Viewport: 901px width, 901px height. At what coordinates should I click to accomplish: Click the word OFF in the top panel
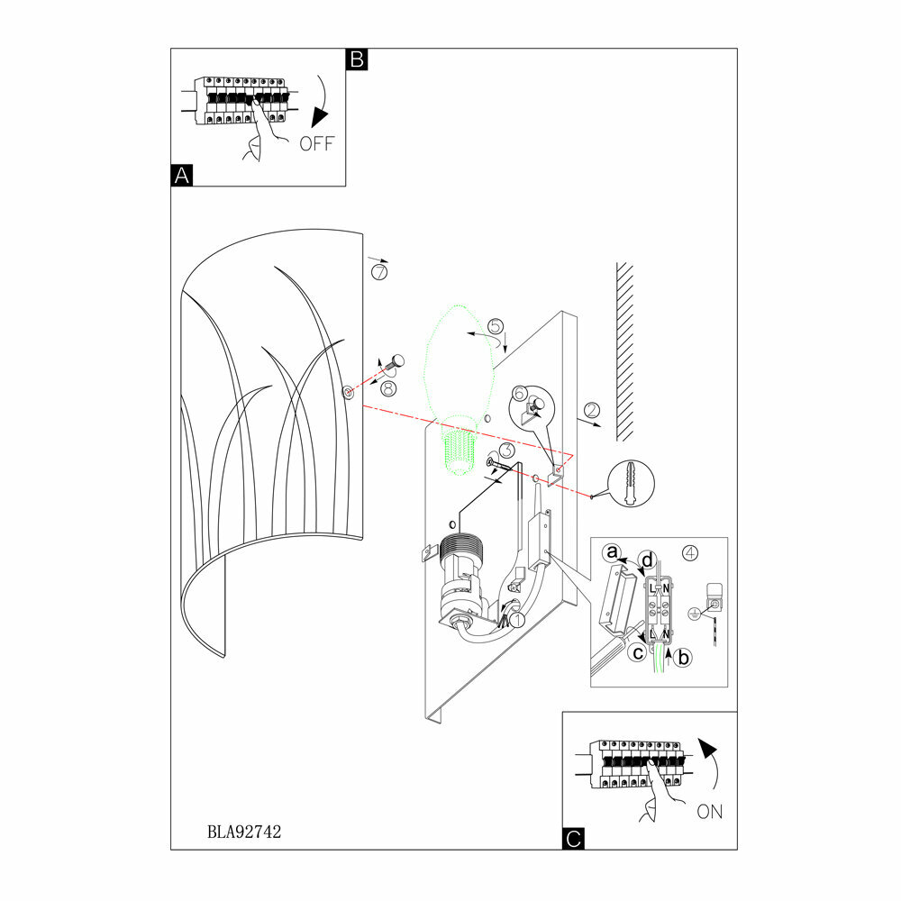(x=316, y=144)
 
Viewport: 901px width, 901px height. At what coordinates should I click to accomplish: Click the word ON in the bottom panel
(x=710, y=811)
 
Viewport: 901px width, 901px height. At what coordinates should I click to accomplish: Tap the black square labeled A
(x=181, y=176)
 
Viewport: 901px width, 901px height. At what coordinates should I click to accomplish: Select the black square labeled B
(x=357, y=59)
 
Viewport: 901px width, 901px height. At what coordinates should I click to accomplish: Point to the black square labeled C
(x=572, y=839)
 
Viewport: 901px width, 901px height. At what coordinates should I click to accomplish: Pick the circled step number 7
(x=378, y=271)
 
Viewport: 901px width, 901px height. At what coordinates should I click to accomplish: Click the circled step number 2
(x=592, y=411)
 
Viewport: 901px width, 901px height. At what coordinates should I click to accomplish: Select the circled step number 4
(x=690, y=551)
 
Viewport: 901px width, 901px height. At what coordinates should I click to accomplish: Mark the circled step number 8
(x=388, y=388)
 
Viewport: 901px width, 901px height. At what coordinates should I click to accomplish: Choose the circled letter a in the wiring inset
(x=613, y=551)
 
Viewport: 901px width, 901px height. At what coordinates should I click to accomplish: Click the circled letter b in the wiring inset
(x=683, y=659)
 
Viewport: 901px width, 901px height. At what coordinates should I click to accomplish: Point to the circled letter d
(x=646, y=560)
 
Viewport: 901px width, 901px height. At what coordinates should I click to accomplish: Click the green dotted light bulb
(x=460, y=378)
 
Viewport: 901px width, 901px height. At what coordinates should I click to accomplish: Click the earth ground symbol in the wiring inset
(x=696, y=614)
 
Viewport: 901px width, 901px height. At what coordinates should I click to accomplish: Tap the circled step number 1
(x=517, y=620)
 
